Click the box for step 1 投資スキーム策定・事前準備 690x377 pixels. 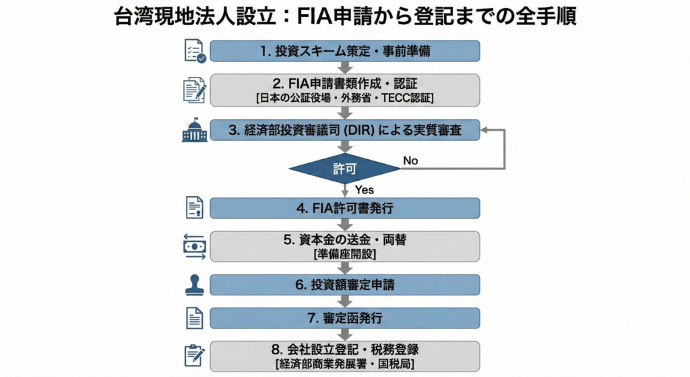tap(345, 51)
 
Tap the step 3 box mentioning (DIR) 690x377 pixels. tap(345, 130)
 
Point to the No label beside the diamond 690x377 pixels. tap(410, 161)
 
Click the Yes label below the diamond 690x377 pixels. tap(364, 190)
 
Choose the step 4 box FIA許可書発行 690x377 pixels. tap(345, 208)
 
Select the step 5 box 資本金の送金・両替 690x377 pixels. tap(345, 245)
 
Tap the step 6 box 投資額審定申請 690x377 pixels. tap(345, 285)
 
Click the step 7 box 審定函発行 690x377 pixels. tap(345, 318)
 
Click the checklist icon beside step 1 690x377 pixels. tap(195, 51)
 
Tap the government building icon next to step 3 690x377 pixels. tap(195, 129)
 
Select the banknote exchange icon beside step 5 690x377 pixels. tap(195, 246)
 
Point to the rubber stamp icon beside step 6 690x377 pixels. tap(195, 285)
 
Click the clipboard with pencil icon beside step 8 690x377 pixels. tap(195, 356)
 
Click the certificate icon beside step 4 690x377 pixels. tap(195, 208)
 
